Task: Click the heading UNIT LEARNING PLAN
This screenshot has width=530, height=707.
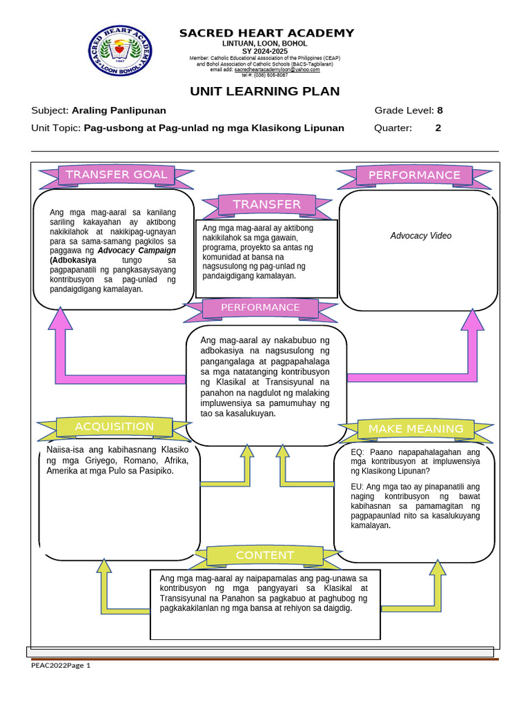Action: pos(265,91)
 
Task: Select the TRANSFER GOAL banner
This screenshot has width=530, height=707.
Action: pos(116,175)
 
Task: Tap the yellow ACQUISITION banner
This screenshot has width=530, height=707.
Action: pos(114,427)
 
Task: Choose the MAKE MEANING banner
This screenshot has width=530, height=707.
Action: pos(415,429)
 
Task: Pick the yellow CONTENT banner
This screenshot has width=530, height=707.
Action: pos(264,555)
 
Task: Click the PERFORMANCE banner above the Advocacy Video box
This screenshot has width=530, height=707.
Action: pos(414,175)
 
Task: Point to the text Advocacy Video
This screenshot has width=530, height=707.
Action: pos(420,236)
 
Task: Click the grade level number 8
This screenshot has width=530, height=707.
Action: pos(440,110)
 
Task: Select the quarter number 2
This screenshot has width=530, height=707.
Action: pos(438,128)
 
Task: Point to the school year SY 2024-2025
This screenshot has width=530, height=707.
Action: pos(266,51)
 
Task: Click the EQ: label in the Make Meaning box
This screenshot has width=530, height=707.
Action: pos(359,452)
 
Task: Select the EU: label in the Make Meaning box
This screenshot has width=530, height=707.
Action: pos(358,487)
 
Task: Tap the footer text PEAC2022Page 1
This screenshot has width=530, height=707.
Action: pos(61,666)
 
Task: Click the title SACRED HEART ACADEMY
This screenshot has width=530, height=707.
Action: pos(266,33)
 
